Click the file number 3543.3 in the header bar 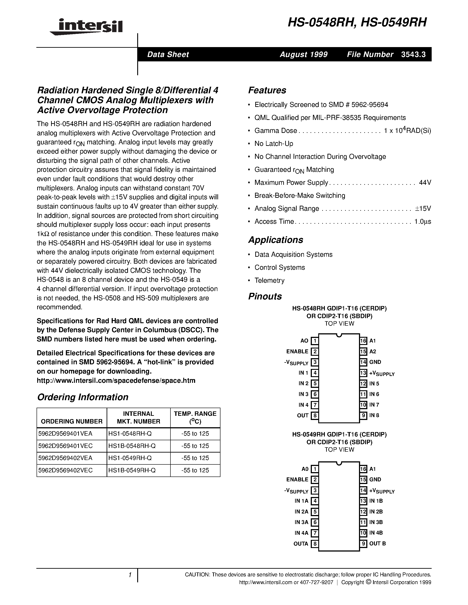pyautogui.click(x=413, y=54)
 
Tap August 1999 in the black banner pyautogui.click(x=303, y=54)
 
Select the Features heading pyautogui.click(x=267, y=90)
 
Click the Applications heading pyautogui.click(x=276, y=240)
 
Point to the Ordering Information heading pyautogui.click(x=83, y=397)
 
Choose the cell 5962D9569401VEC pyautogui.click(x=65, y=446)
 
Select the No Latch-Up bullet pyautogui.click(x=274, y=143)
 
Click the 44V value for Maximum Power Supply pyautogui.click(x=425, y=183)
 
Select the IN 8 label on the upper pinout pyautogui.click(x=374, y=415)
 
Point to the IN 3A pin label pyautogui.click(x=301, y=522)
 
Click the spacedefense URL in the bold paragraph pyautogui.click(x=116, y=380)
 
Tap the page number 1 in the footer pyautogui.click(x=130, y=575)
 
